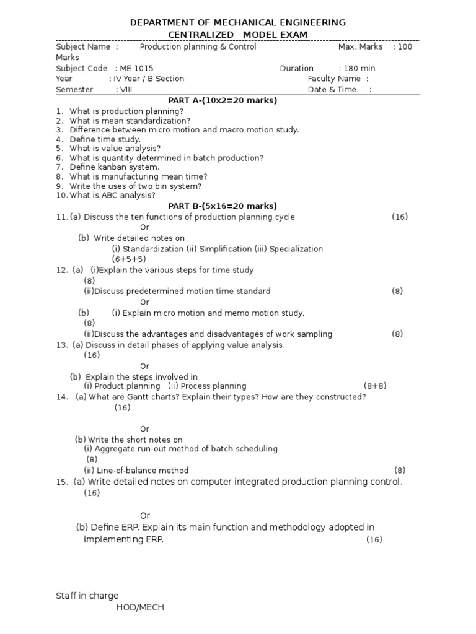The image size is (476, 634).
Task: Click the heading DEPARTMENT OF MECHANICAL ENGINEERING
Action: [x=238, y=23]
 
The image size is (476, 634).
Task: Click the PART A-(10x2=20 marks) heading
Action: [x=223, y=100]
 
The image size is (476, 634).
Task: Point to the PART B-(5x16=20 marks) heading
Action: [x=223, y=206]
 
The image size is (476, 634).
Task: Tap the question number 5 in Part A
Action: [x=59, y=149]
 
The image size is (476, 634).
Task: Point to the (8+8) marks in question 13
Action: [x=375, y=386]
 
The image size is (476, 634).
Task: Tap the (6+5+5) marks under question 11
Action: [x=129, y=259]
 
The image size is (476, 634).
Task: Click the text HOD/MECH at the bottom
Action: [x=140, y=607]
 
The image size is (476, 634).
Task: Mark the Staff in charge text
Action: [x=87, y=596]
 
